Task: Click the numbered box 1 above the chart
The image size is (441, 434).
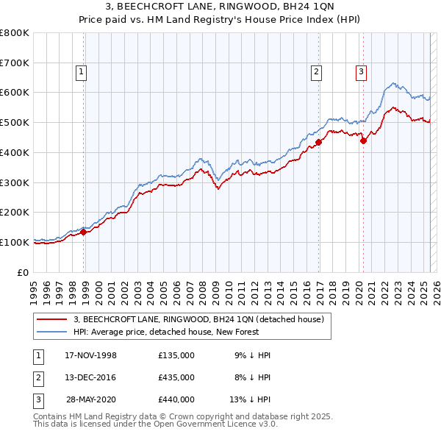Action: pyautogui.click(x=80, y=72)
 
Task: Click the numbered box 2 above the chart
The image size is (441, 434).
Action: pyautogui.click(x=315, y=72)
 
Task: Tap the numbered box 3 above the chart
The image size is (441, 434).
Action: pyautogui.click(x=361, y=72)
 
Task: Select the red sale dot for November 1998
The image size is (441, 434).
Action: pyautogui.click(x=83, y=232)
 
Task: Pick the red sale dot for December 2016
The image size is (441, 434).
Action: pyautogui.click(x=319, y=142)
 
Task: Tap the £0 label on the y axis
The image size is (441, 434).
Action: pyautogui.click(x=23, y=272)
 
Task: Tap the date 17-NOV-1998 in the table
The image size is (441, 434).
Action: pyautogui.click(x=90, y=356)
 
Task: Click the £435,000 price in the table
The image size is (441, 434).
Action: pyautogui.click(x=176, y=377)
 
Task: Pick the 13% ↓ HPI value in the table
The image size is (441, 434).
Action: pyautogui.click(x=250, y=399)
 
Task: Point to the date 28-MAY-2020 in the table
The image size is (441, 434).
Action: pyautogui.click(x=90, y=399)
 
